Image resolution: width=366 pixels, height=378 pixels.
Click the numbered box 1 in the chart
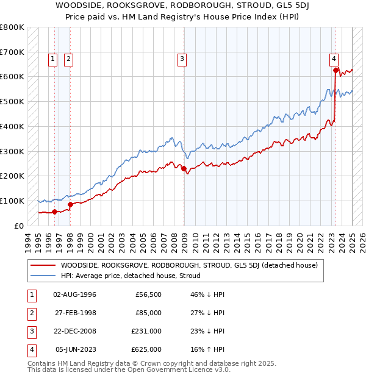tap(53, 59)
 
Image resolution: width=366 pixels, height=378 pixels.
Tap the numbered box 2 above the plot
tap(68, 59)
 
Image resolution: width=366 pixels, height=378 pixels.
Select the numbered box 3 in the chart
tap(182, 59)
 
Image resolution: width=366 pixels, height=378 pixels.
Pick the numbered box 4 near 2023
tap(334, 59)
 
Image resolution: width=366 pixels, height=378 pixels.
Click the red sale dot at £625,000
tap(335, 70)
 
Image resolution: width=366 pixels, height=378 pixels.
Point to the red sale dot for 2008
tap(184, 168)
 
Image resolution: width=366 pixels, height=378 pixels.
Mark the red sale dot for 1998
tap(70, 204)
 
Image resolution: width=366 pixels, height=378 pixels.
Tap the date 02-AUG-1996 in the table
tap(75, 294)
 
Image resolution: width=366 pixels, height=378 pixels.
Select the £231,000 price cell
tap(146, 331)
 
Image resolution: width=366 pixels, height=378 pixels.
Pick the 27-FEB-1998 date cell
tap(75, 313)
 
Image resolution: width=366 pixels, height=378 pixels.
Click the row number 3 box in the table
tap(30, 331)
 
